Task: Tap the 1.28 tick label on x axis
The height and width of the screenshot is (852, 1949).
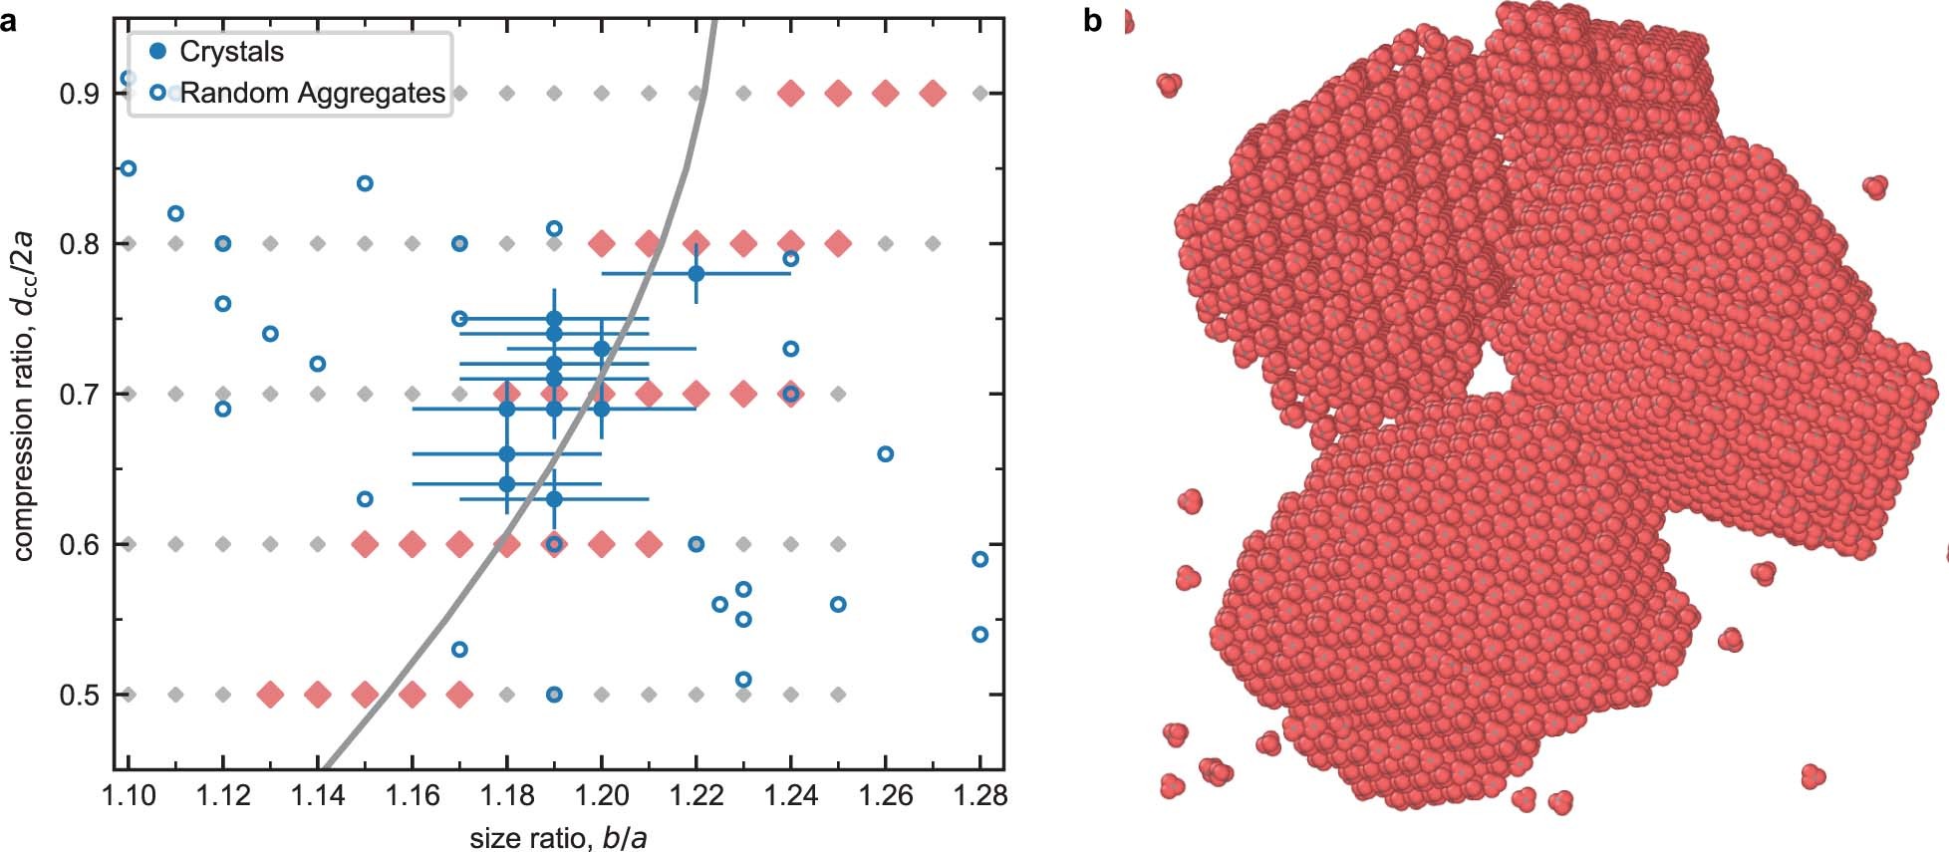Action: (979, 795)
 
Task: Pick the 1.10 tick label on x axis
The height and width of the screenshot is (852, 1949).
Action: (129, 795)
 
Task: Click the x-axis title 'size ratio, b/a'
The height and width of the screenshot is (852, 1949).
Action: (558, 838)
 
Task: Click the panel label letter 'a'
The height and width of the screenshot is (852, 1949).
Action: (8, 20)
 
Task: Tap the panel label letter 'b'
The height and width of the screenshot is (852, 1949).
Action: (1092, 20)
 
